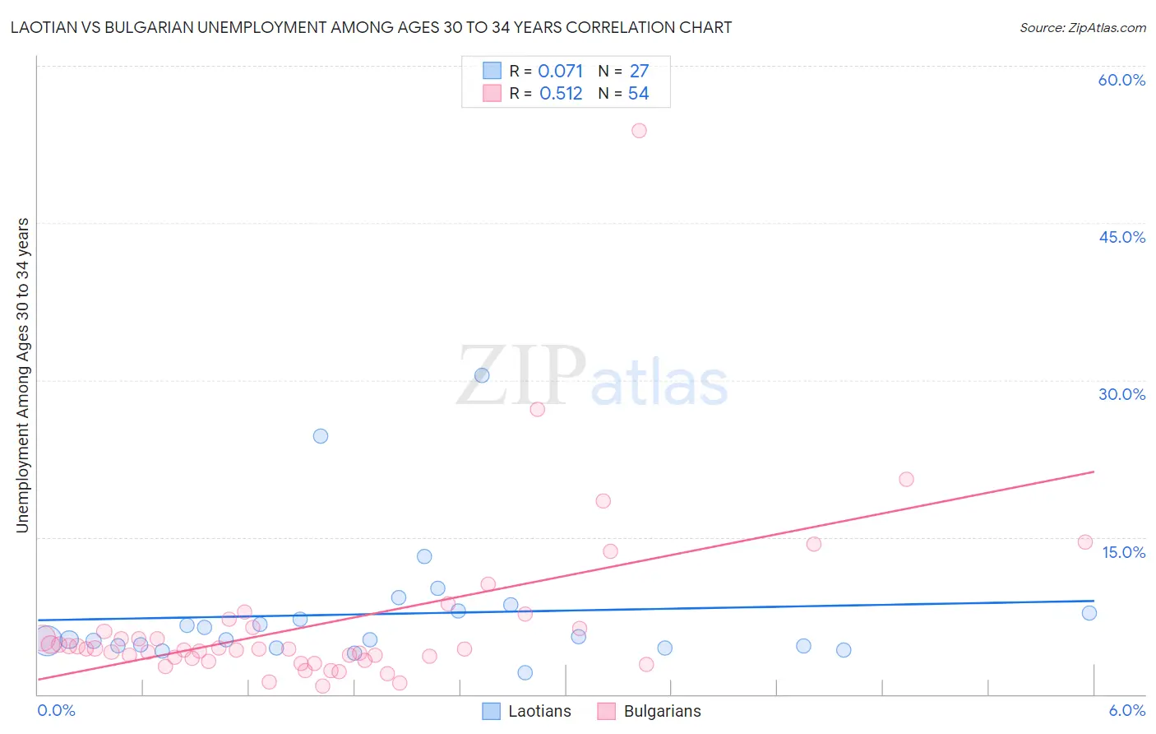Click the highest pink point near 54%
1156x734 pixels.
point(639,130)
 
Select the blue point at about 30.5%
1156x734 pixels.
point(482,375)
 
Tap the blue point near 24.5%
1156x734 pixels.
point(321,436)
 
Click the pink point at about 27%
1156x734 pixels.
point(537,409)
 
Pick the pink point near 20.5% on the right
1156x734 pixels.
point(906,479)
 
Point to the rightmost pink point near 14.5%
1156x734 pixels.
point(1085,542)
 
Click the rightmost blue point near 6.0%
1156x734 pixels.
point(1089,612)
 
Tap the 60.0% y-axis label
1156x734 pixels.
point(1121,80)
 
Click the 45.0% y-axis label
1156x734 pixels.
point(1121,237)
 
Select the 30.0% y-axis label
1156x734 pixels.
point(1121,394)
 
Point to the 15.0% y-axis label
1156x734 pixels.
point(1123,552)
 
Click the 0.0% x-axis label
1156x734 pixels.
point(56,711)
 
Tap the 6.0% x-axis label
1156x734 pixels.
point(1127,711)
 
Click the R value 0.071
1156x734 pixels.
point(560,72)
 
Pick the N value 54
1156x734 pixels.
point(638,94)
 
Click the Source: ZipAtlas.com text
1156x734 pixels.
point(1082,28)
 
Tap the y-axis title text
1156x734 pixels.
point(23,375)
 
